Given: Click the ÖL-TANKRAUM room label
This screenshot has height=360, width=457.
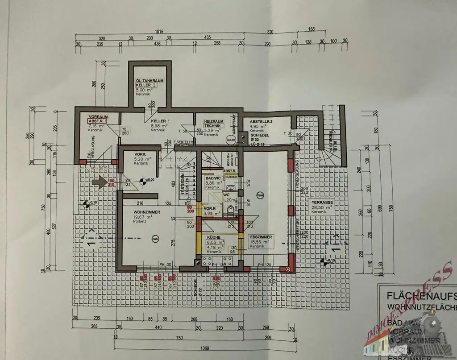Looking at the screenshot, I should click(149, 81).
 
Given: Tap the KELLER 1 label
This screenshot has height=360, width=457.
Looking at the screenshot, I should click(158, 121).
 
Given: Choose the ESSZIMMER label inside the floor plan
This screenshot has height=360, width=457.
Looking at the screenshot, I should click(261, 237).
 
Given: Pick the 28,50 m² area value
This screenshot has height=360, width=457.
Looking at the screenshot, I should click(319, 207).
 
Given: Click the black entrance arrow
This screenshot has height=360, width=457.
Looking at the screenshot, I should click(99, 182).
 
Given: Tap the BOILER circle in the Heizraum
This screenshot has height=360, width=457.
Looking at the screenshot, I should click(230, 139).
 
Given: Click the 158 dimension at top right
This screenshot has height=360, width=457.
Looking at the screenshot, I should click(311, 29).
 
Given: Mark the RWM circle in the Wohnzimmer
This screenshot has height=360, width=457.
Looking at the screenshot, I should click(155, 238).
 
